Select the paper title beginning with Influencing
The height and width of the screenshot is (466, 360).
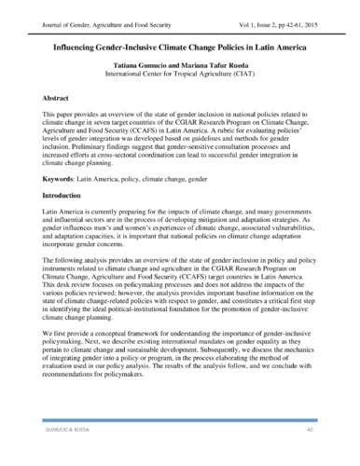[178, 44]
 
